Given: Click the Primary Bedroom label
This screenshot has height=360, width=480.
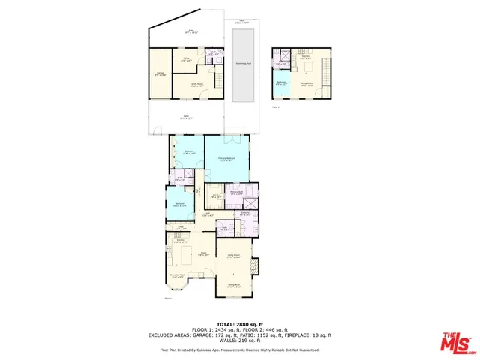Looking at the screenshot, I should [227, 159].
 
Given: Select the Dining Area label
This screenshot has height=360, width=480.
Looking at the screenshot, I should [234, 286].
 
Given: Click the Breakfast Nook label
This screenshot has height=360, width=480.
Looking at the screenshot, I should [178, 277].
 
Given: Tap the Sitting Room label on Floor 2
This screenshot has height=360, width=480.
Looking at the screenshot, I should [307, 84].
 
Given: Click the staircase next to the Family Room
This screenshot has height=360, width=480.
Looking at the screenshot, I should [219, 79].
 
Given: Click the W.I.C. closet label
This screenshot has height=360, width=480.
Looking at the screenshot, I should [215, 197].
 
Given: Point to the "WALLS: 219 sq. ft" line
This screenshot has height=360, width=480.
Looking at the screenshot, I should [239, 340].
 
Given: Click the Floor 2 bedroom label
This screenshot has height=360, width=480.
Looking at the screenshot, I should [280, 82].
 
